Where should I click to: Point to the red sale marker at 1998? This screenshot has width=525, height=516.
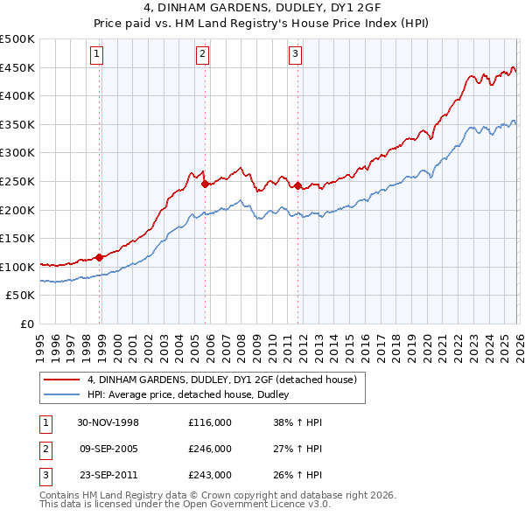tap(100, 257)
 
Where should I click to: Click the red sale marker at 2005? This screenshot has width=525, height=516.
tap(205, 184)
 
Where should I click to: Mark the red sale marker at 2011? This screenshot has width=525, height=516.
tap(298, 185)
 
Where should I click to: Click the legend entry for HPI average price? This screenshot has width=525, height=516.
tap(193, 395)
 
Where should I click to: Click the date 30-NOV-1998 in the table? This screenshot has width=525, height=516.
tap(108, 422)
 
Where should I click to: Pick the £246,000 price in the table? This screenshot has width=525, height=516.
tap(210, 449)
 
